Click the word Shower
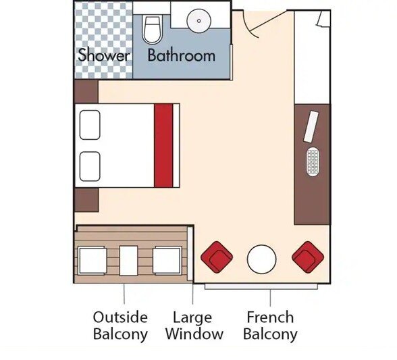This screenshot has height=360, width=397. (x=103, y=55)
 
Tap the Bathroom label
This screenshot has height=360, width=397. (x=181, y=55)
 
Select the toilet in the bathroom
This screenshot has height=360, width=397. (x=153, y=29)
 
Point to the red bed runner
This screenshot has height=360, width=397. (x=164, y=145)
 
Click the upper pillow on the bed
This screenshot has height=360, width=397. (x=90, y=125)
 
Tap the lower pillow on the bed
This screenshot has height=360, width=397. (x=90, y=165)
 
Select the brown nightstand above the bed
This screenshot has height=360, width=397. (x=86, y=91)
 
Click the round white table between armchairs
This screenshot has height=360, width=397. (x=261, y=258)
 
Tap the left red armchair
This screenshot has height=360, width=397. (x=217, y=257)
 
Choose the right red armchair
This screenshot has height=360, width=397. (x=307, y=257)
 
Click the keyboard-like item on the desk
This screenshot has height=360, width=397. (x=313, y=162)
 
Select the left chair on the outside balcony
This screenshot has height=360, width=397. (x=92, y=260)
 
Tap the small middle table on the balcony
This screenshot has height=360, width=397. (x=129, y=260)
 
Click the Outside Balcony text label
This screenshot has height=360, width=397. (x=120, y=325)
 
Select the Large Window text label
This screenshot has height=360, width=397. (x=194, y=325)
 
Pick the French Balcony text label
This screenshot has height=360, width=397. (x=270, y=325)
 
